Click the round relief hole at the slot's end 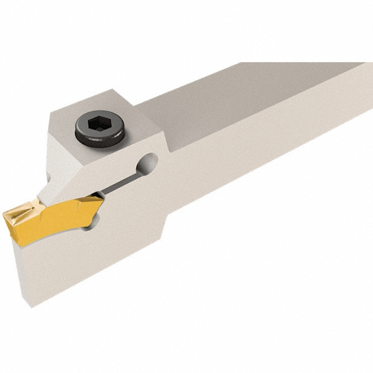coord(149,163)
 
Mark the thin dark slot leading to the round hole coord(122,181)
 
